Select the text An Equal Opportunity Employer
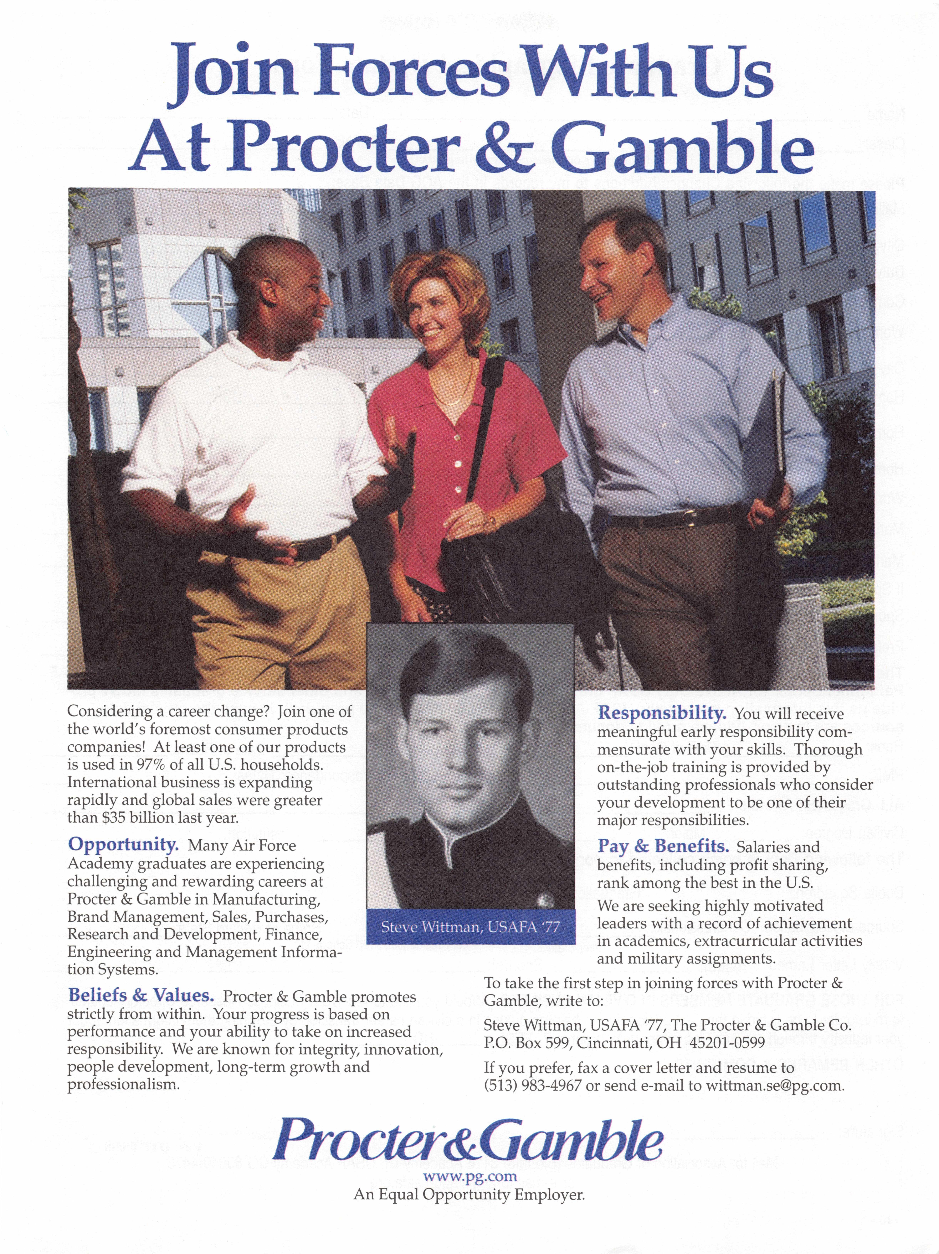(x=469, y=1194)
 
